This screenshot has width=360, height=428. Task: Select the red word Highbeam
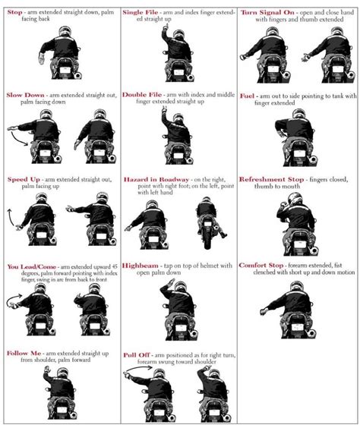[144, 266]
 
